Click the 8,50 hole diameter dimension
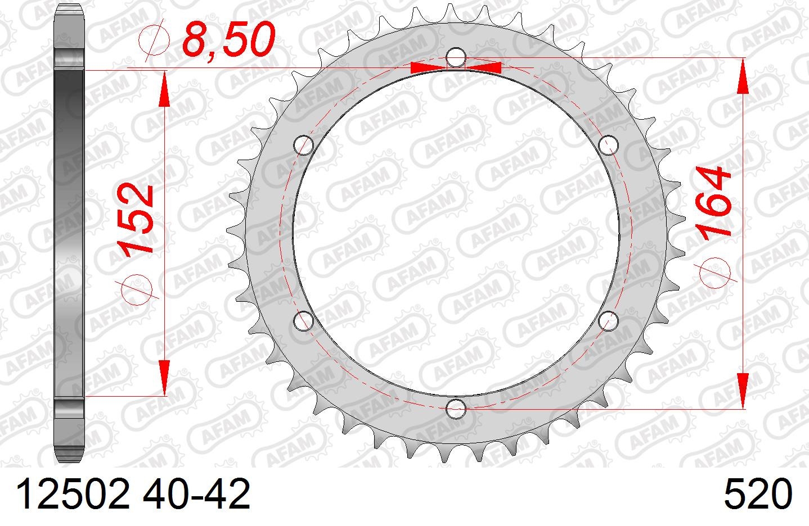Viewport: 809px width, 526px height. [x=229, y=39]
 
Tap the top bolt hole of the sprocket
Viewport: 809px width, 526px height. [x=456, y=57]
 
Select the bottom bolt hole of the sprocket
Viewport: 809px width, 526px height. [x=456, y=409]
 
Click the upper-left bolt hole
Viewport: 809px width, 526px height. [x=303, y=145]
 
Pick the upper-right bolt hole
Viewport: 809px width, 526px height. [x=608, y=145]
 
